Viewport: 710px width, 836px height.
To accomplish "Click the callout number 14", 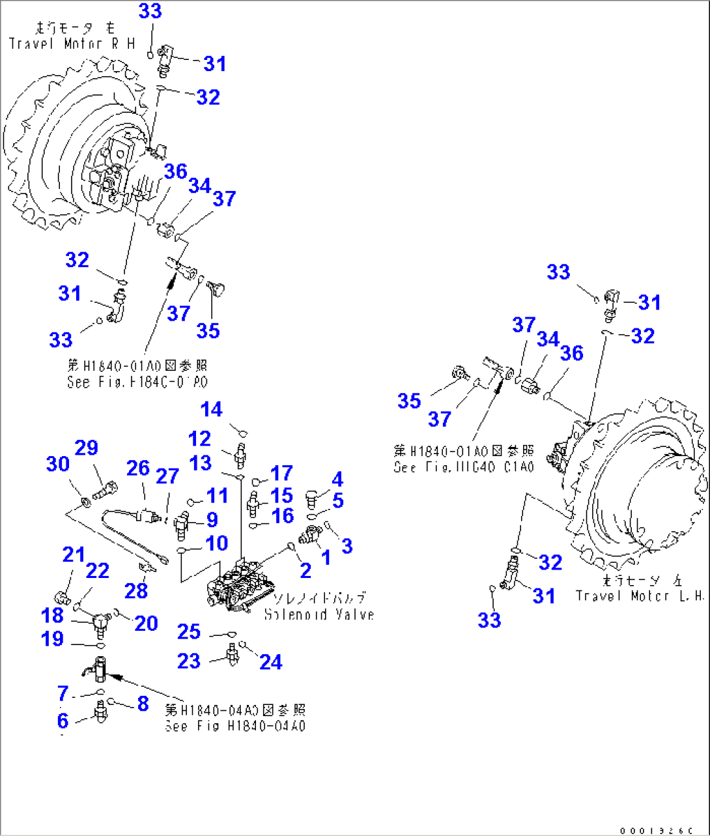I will pos(212,410).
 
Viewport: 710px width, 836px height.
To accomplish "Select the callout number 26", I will pos(138,468).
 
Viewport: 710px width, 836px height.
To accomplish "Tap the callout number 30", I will pos(58,464).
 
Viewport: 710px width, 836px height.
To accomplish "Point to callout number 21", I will pos(74,555).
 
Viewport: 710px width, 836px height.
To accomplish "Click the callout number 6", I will pos(63,720).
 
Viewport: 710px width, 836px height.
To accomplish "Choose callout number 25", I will pos(189,631).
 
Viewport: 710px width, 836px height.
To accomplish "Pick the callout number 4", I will pos(337,480).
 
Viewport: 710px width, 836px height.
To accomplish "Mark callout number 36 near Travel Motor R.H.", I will pos(176,172).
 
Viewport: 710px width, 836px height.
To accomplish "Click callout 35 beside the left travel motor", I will pos(409,401).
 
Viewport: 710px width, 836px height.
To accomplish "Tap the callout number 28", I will pos(137,590).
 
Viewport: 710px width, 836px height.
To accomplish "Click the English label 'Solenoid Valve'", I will pos(319,614).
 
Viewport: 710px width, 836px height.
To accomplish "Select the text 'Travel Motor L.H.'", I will pos(640,596).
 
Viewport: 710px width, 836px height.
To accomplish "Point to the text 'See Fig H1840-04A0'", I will pos(235,726).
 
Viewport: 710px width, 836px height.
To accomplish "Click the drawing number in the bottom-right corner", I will pos(664,830).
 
